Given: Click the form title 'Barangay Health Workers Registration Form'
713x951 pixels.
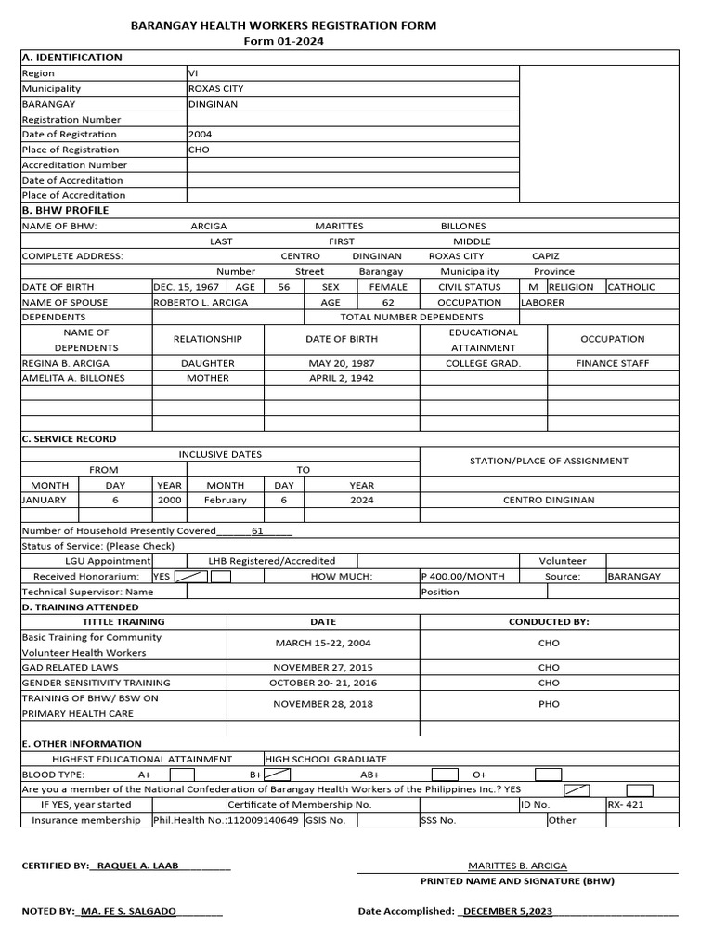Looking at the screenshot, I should pos(283,26).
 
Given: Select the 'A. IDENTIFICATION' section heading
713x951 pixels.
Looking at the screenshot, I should pos(71,58).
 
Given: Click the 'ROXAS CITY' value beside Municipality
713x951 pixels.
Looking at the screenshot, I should pos(215,89).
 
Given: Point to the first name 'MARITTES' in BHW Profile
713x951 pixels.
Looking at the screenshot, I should pos(339,226).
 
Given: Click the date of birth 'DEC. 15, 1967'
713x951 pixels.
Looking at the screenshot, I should pos(186,287).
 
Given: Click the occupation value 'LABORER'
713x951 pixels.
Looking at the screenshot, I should pos(542,302).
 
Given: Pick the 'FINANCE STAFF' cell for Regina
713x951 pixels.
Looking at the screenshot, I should pos(612,363).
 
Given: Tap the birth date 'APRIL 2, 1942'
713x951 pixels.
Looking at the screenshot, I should pos(341,378).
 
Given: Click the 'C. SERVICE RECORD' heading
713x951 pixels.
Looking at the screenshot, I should pos(70,438).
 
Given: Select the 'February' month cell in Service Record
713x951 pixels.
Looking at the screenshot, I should pos(226,500).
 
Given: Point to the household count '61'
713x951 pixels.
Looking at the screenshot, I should pos(257,531).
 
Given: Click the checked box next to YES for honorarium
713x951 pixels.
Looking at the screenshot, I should pos(190,576).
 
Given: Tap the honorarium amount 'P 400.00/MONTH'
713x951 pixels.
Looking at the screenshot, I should pos(463,576).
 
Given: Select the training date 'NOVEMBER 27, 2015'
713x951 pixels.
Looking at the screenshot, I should pos(322,667).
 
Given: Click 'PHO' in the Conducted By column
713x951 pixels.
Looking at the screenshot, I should pos(549,704).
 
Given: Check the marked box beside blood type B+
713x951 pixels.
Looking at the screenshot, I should pos(278,774).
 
